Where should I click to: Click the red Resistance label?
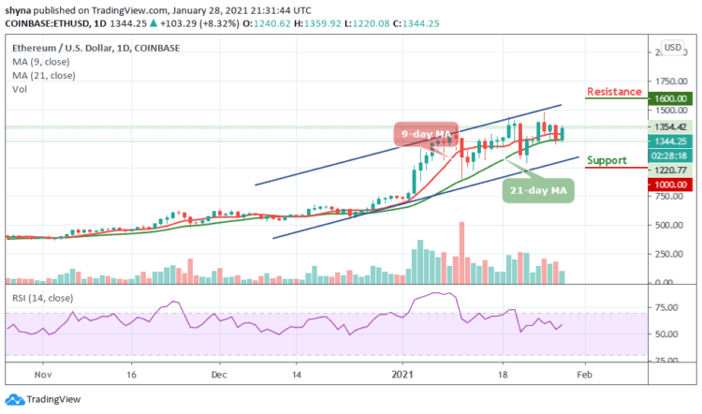point(614,92)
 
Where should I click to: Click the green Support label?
point(606,160)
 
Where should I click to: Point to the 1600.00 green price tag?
point(671,98)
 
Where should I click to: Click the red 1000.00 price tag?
point(671,185)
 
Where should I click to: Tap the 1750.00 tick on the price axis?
point(671,81)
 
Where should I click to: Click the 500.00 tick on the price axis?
point(669,224)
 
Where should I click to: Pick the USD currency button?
point(672,47)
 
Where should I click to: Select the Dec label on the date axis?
point(219,372)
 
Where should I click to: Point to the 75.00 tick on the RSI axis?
point(671,307)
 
